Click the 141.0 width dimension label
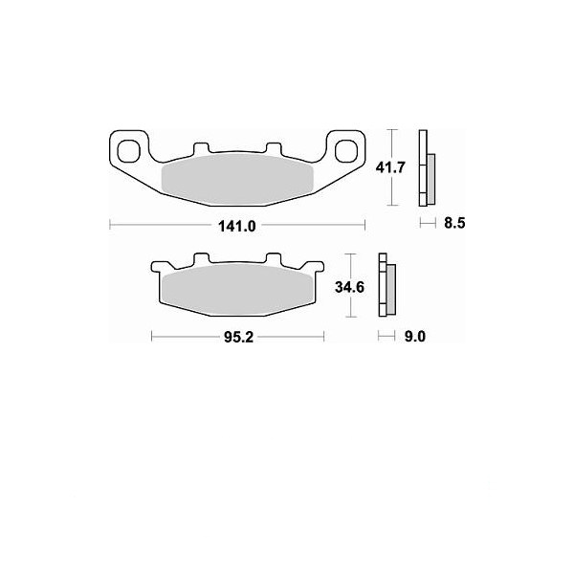237,226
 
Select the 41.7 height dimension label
390,167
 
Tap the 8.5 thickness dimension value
454,223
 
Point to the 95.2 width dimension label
238,337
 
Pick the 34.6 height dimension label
349,287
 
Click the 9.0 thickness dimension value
415,336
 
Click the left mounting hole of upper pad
129,151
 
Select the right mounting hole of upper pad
346,151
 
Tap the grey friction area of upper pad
237,180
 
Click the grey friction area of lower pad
237,290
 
